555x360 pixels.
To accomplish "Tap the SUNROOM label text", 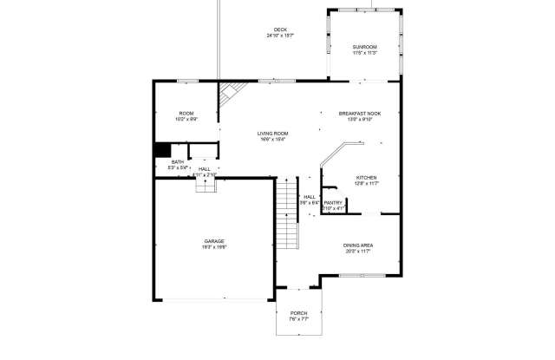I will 364,46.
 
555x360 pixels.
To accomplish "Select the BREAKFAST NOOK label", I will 359,114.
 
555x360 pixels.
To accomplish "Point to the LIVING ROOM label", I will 272,133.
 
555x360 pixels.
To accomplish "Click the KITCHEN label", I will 366,177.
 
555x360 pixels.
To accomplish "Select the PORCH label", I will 299,313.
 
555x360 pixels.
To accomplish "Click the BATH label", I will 177,161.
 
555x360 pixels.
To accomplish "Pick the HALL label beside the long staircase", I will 310,197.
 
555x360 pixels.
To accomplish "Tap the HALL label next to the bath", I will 204,169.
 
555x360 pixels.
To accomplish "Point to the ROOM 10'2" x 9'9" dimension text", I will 186,120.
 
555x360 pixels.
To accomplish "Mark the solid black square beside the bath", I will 161,149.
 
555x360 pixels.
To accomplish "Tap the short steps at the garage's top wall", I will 204,187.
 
